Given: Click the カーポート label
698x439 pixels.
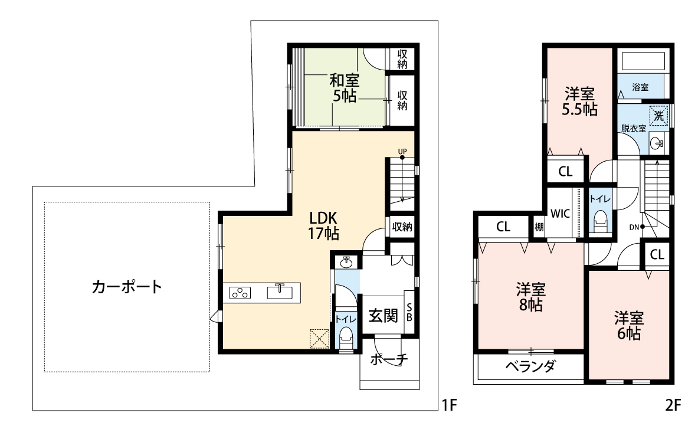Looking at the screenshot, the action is [127, 287].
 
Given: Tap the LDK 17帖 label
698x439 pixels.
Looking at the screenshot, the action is [323, 226].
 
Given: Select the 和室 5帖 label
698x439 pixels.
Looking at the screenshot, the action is [344, 88].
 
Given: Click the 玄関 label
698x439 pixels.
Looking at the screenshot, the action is [383, 316].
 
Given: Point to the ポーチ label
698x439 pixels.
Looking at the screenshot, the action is [389, 359].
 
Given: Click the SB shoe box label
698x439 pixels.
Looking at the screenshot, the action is [409, 312].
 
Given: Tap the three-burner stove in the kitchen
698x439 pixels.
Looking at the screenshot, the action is [240, 293].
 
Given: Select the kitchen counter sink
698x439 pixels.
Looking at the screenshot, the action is [280, 292].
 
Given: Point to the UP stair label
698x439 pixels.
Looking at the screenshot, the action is [402, 152].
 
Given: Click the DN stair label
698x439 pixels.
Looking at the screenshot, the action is [634, 227].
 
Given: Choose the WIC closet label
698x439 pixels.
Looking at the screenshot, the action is [560, 214].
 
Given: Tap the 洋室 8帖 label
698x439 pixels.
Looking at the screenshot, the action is [530, 297].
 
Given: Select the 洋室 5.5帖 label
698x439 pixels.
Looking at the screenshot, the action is [579, 102].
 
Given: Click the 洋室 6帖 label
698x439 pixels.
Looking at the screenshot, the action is [629, 326].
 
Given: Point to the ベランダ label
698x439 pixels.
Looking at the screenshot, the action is [530, 367].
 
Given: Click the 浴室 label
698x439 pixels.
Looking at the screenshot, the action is [640, 88].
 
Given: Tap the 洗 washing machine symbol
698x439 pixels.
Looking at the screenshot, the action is [659, 115].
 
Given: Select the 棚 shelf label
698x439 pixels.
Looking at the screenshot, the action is [539, 228].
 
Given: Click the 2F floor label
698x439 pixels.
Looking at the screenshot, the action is [673, 405].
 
